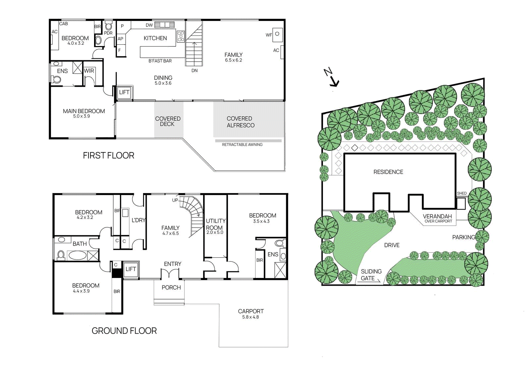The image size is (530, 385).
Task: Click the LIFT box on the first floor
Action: tap(124, 92)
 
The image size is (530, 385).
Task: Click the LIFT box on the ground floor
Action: tap(131, 269)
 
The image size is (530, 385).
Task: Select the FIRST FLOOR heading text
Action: tap(108, 155)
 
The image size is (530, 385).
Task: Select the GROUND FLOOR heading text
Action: tap(124, 331)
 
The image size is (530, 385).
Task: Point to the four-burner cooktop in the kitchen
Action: tap(181, 36)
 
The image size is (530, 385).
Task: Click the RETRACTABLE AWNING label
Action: tap(242, 145)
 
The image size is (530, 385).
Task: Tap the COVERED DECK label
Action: tap(168, 121)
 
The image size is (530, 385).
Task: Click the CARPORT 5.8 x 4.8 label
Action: tap(251, 314)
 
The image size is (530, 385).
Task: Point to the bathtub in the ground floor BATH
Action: tap(77, 255)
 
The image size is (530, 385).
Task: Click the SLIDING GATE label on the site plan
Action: tap(371, 275)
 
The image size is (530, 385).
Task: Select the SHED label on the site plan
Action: tap(461, 193)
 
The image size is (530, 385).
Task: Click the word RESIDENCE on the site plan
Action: tap(388, 172)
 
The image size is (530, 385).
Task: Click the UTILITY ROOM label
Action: tap(215, 225)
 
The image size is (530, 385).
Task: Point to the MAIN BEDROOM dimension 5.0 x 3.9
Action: tap(81, 116)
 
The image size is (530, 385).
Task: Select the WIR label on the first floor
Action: tap(89, 71)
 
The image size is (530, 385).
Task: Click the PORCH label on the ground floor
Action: tap(171, 288)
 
